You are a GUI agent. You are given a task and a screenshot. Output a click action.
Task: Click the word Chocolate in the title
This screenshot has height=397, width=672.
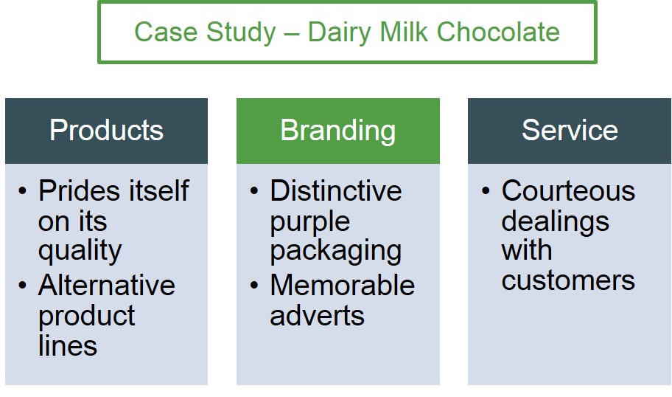click(x=498, y=32)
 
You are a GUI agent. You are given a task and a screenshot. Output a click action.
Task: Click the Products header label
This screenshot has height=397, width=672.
click(x=106, y=130)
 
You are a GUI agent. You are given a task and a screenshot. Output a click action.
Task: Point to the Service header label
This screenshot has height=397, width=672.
click(x=570, y=130)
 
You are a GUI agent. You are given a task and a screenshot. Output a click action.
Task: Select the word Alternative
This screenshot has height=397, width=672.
click(x=107, y=285)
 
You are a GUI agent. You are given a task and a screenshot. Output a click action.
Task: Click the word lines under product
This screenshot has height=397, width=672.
click(x=68, y=345)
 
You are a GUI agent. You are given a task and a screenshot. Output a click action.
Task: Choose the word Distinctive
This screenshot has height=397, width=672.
click(x=336, y=190)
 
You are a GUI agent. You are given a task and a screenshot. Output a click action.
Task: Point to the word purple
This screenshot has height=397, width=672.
click(x=310, y=223)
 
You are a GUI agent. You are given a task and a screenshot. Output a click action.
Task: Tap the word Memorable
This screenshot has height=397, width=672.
click(x=343, y=285)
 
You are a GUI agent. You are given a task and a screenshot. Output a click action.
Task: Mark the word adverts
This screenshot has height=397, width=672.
click(x=317, y=315)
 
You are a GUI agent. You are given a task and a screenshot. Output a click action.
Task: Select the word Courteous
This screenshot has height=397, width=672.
click(x=568, y=190)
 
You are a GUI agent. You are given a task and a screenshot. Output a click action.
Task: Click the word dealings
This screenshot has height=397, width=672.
click(x=555, y=222)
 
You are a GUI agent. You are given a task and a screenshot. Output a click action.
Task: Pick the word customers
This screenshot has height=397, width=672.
click(x=568, y=280)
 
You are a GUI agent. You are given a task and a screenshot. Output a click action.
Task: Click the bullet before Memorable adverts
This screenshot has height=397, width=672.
click(x=254, y=285)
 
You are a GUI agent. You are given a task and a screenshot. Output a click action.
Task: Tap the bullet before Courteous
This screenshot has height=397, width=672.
click(x=486, y=190)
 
